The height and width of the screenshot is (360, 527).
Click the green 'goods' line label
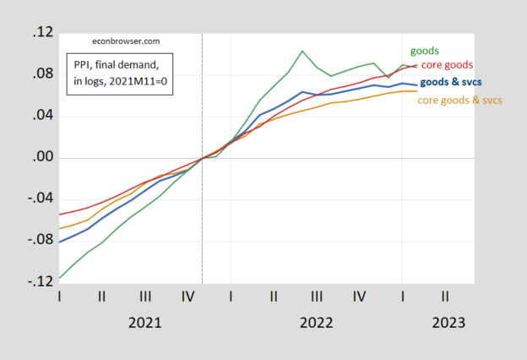pos(424,52)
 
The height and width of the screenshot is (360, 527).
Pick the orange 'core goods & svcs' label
pos(459,101)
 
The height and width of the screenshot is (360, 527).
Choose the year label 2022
pos(315,323)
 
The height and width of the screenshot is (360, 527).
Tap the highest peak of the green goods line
pos(302,51)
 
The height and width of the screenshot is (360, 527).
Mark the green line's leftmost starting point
pos(59,278)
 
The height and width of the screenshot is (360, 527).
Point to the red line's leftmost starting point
pos(59,215)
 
